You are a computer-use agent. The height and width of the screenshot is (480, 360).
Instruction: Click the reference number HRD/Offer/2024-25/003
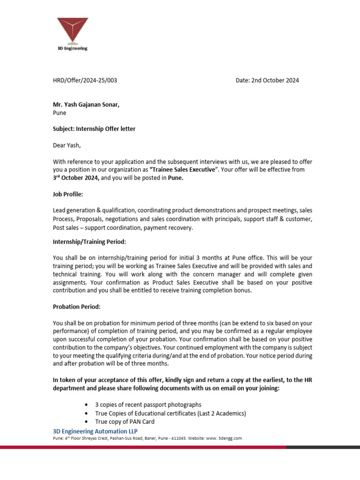coord(85,80)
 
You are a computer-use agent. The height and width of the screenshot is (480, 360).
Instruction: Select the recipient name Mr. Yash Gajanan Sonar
coord(86,105)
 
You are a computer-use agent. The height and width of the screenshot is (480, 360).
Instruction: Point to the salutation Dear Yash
coord(67,145)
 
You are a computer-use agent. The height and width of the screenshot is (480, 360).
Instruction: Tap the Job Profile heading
coord(68,194)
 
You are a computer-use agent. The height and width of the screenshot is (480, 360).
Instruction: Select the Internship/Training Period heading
coord(89,242)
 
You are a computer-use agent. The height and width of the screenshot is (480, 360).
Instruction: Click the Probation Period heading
coord(76,307)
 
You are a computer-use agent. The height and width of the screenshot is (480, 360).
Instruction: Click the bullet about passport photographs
coord(148,405)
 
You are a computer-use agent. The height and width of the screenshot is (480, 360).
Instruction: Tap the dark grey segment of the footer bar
coord(323,447)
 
